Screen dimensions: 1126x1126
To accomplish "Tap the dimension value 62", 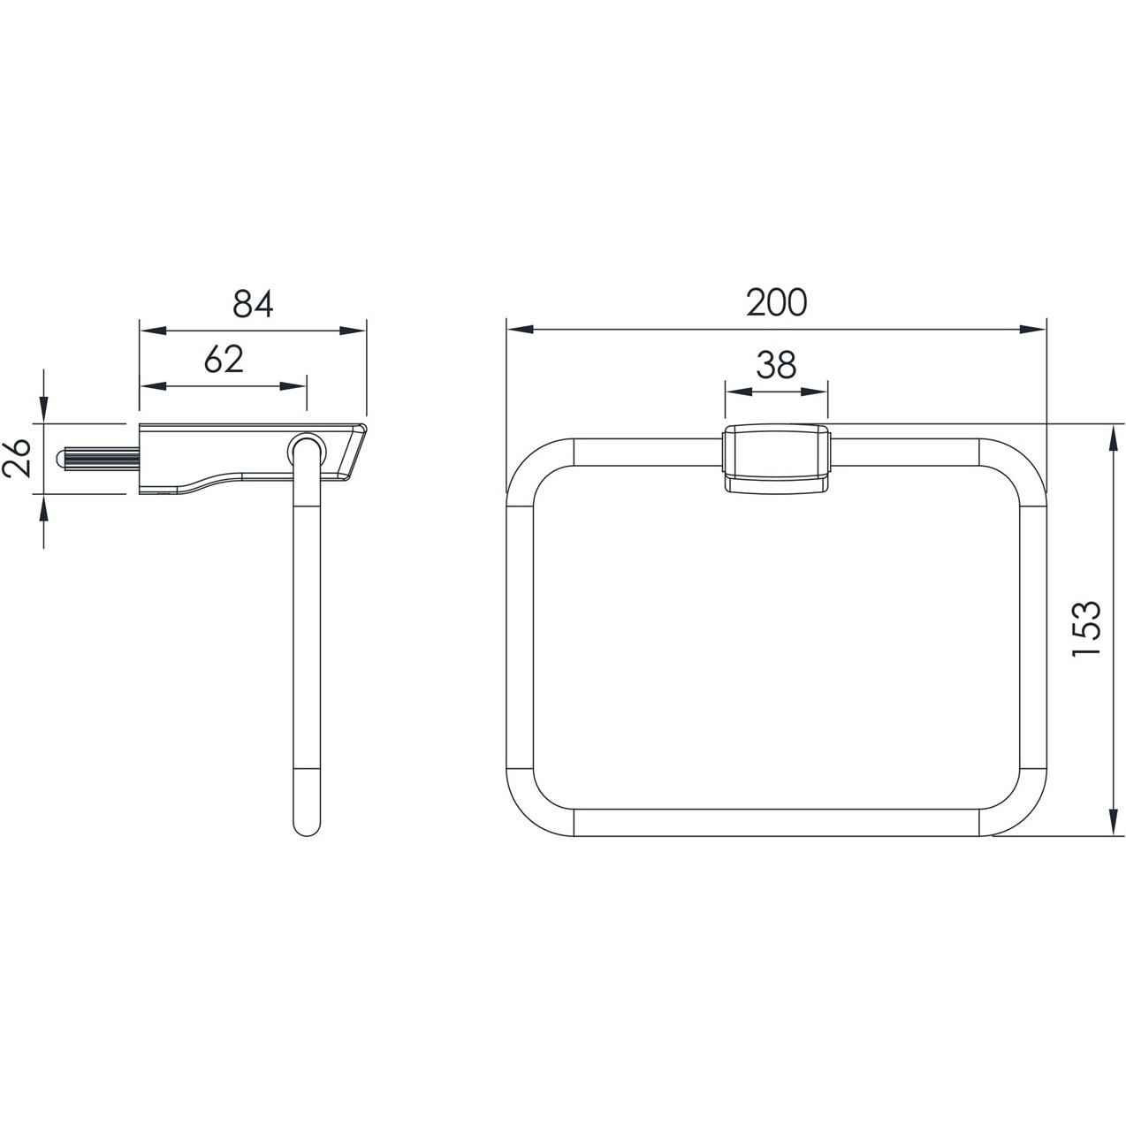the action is tap(224, 360).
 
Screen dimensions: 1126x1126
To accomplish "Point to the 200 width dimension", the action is tap(777, 302).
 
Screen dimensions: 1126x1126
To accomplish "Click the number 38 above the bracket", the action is tap(776, 365).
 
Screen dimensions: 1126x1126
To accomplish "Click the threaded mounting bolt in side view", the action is tap(97, 458).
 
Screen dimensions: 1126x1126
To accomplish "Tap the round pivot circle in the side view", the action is tap(306, 451).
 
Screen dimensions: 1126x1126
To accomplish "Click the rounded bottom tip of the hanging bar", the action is tap(306, 825).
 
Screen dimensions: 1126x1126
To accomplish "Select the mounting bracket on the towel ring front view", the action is tap(776, 459).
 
